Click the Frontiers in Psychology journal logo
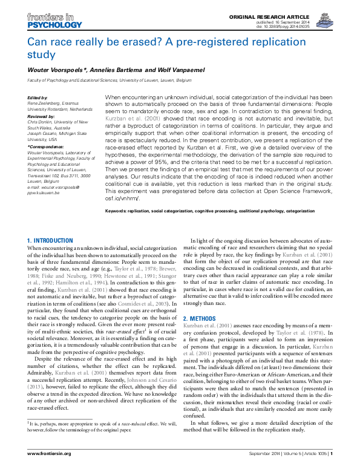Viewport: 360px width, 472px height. (54, 21)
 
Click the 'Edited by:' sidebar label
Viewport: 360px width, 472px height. (38, 98)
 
